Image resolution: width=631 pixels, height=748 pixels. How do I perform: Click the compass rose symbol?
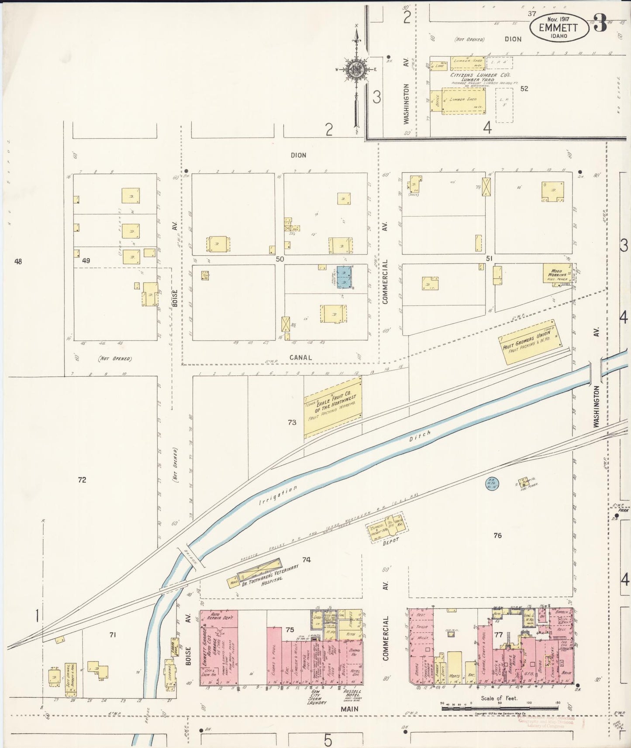[x=356, y=69]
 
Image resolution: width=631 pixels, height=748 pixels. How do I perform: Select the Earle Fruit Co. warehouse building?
[x=333, y=407]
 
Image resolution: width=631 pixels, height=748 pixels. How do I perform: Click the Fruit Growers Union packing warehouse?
[x=531, y=342]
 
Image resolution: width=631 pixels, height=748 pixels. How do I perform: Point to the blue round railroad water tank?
[x=491, y=482]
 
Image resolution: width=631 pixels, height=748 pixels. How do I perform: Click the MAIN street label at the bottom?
[x=349, y=709]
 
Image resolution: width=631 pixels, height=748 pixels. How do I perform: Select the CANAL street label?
[x=300, y=357]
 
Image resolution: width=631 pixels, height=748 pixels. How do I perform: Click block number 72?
[x=82, y=480]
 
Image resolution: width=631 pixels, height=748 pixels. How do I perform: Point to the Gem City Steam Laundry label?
[x=317, y=697]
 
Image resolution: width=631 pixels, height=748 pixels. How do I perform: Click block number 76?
[x=497, y=535]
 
